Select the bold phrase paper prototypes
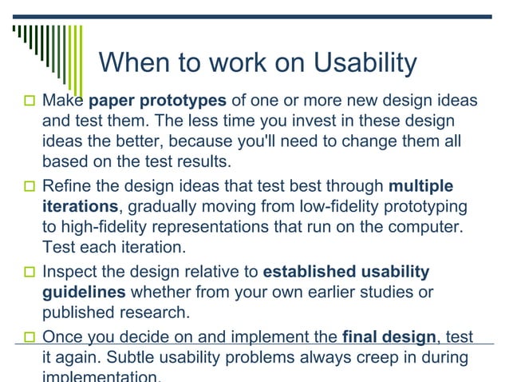pos(158,101)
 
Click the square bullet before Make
pos(30,102)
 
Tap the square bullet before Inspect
pos(30,273)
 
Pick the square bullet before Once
pos(30,337)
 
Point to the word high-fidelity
pos(105,228)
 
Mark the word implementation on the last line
pos(101,376)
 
